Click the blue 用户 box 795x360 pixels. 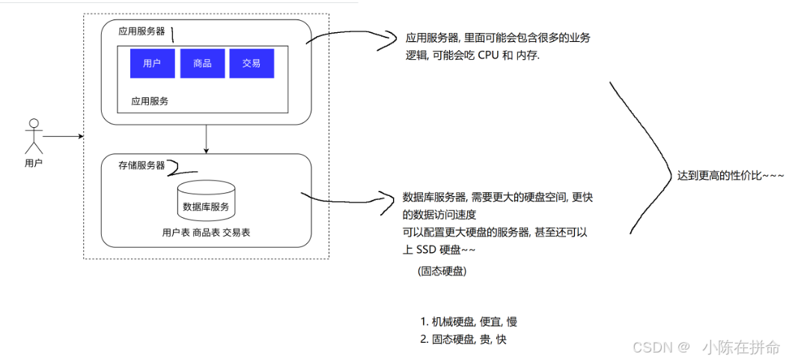click(x=152, y=64)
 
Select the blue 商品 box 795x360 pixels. click(x=202, y=64)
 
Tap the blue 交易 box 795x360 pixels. click(x=252, y=64)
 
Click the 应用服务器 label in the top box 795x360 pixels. click(x=141, y=31)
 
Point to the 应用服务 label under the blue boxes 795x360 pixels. click(x=150, y=100)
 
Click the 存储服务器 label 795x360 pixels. click(x=141, y=165)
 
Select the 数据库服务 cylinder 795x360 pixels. click(x=206, y=201)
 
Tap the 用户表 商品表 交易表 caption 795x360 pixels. click(x=206, y=233)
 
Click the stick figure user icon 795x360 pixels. click(x=32, y=135)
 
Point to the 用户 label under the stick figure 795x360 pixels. click(x=33, y=163)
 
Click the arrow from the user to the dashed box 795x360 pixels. click(x=63, y=137)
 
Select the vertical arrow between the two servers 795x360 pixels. click(x=206, y=138)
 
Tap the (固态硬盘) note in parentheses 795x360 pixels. click(x=442, y=272)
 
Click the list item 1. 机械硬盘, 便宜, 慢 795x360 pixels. click(x=469, y=322)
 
